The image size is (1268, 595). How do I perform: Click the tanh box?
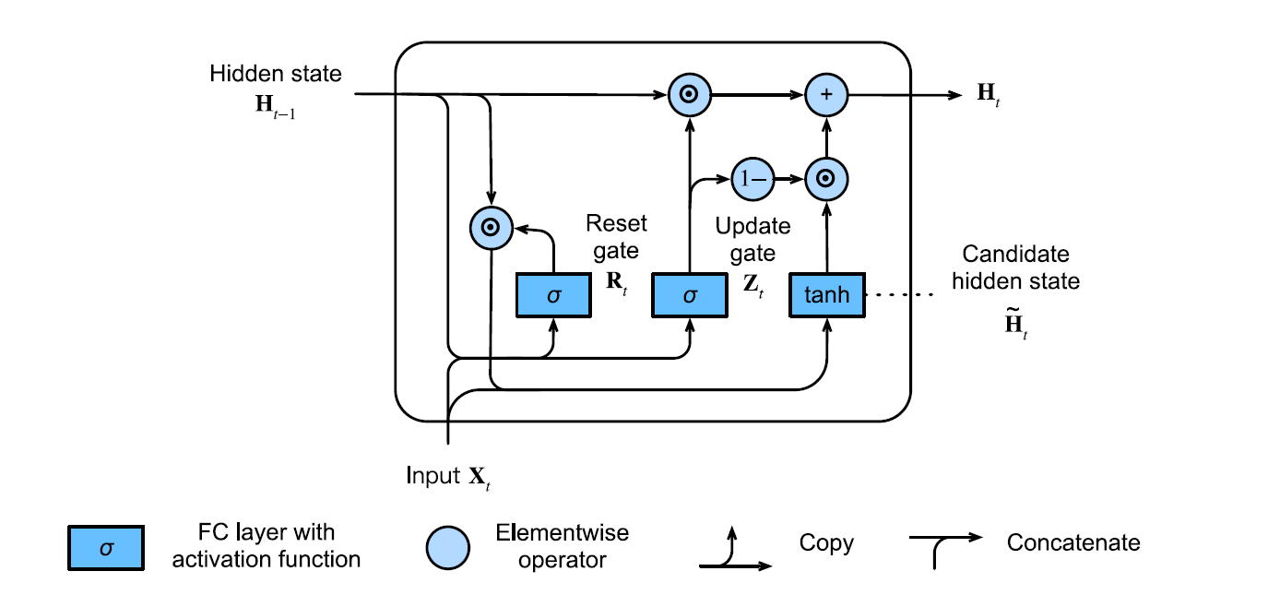[826, 295]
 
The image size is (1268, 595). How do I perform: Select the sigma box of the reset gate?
[552, 295]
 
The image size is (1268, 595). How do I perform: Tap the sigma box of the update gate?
[689, 295]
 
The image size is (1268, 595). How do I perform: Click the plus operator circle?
[825, 94]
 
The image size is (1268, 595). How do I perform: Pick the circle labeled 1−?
[751, 178]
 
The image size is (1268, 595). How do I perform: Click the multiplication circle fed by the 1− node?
[825, 178]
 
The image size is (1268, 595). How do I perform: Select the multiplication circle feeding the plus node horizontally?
[689, 94]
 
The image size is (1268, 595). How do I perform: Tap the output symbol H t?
[988, 94]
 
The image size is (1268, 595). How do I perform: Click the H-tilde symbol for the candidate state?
[1013, 327]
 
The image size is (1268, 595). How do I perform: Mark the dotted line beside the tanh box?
[900, 295]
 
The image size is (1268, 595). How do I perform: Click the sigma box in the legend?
[104, 548]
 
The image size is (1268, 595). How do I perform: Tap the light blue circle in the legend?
[447, 548]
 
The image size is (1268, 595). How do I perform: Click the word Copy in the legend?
[826, 542]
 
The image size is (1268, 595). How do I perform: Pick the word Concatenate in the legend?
[1073, 542]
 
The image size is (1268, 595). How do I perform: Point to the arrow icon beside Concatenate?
[945, 546]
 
